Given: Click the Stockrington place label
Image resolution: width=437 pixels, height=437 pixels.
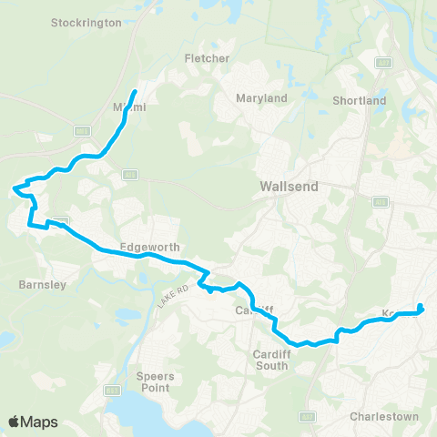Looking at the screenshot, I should coord(87,23).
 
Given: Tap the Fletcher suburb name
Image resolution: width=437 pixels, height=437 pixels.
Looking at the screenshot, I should coord(207,58).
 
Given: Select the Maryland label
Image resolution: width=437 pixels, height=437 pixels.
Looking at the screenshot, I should coord(261,98).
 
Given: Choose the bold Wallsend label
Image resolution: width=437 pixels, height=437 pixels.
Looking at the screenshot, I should coord(288,186).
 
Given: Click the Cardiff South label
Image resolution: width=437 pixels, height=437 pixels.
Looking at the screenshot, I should coord(271,360).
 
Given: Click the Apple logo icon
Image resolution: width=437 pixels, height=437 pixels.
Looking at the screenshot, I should coord(15,422).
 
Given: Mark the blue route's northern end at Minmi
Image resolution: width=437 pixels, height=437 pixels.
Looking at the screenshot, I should coord(135,92).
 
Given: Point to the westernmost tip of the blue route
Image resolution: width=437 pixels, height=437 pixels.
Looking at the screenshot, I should coord(14,189).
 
